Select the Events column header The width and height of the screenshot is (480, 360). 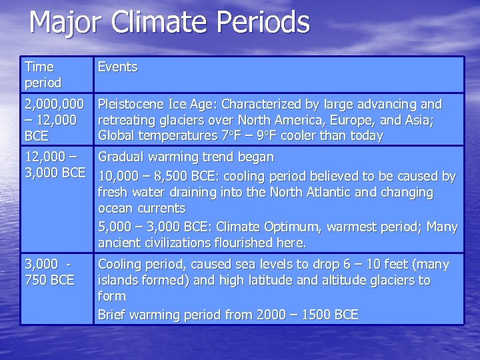pyautogui.click(x=117, y=67)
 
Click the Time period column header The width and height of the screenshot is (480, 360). pyautogui.click(x=43, y=75)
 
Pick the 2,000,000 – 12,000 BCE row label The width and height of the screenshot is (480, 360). pyautogui.click(x=53, y=120)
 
